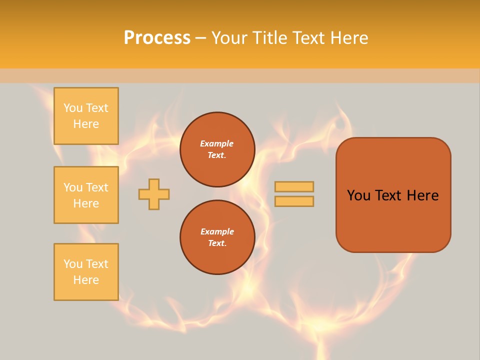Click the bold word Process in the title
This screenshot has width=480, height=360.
click(157, 38)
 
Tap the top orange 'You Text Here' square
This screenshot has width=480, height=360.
click(86, 116)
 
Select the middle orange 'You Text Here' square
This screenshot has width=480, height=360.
click(86, 195)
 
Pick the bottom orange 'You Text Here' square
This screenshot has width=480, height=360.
click(86, 272)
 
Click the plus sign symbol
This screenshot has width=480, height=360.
click(154, 194)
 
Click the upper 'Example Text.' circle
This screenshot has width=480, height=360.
click(217, 149)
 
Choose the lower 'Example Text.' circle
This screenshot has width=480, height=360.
click(217, 237)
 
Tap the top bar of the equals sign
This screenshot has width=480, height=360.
click(294, 186)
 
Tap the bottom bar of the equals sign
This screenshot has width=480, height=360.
click(294, 201)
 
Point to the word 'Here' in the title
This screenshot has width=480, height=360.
click(349, 38)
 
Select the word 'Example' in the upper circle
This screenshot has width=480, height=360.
click(217, 143)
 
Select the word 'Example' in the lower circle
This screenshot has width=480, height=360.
click(217, 231)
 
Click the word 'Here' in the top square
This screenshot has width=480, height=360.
click(86, 124)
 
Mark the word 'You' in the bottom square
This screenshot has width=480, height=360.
click(73, 264)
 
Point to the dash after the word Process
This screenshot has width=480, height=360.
click(200, 38)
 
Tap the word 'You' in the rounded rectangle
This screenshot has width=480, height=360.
click(358, 195)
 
